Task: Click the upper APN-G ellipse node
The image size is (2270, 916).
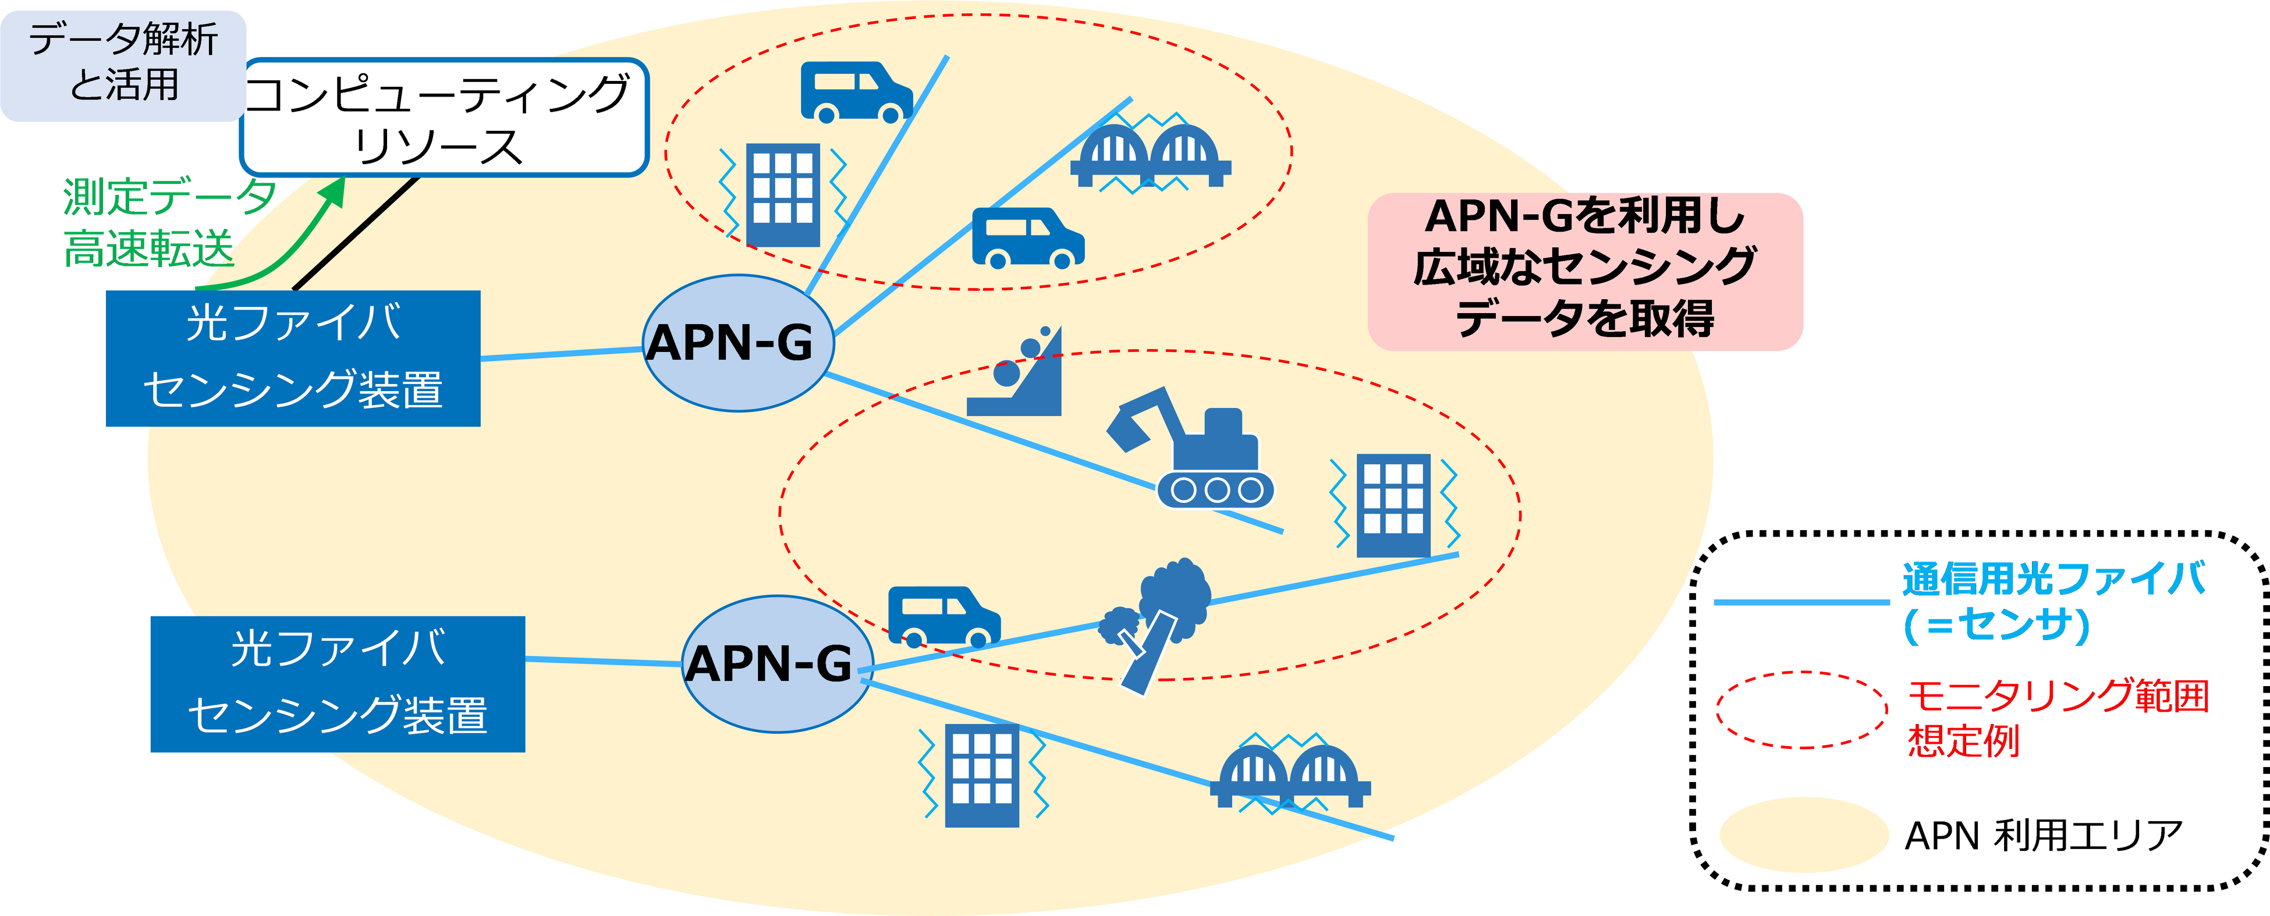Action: [x=737, y=343]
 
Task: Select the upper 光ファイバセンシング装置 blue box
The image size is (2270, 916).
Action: [x=293, y=358]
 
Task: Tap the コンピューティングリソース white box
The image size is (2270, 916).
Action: [x=444, y=117]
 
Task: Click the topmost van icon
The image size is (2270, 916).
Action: [x=855, y=91]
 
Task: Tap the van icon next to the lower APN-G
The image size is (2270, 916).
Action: [x=943, y=616]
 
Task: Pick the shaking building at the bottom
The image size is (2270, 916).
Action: [x=982, y=775]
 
